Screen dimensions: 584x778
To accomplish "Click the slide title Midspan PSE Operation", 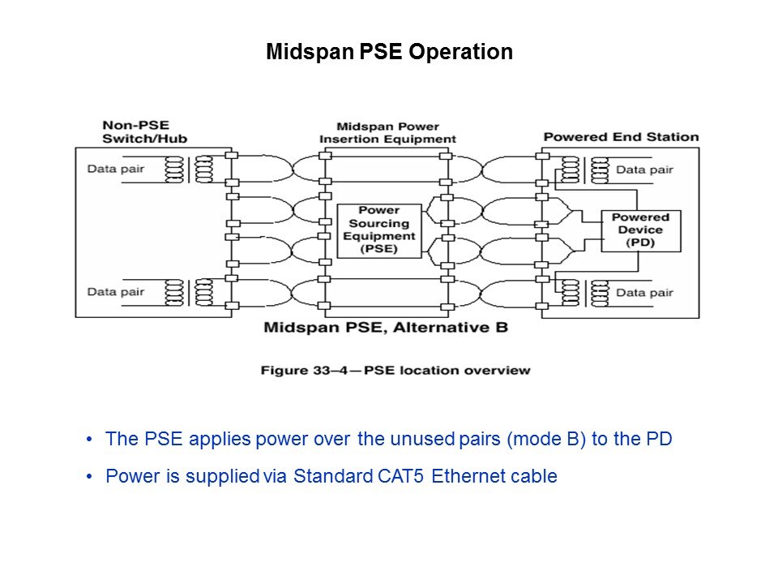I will tap(389, 53).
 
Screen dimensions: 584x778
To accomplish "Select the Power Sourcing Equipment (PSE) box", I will tap(378, 230).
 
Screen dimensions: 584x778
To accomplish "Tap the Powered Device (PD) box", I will tap(640, 231).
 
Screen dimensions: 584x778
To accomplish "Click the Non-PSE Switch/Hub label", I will tap(145, 132).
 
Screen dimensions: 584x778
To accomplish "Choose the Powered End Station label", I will tap(620, 137).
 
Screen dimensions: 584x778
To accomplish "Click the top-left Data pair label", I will tap(115, 170).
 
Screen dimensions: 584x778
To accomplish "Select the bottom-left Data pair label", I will tap(115, 291).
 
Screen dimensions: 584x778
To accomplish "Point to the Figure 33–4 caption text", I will tap(395, 370).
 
